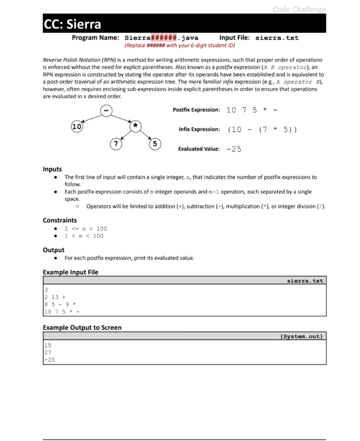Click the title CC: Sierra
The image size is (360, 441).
coord(72,24)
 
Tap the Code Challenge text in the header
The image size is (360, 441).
coord(299,9)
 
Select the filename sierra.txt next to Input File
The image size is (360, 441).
coord(277,38)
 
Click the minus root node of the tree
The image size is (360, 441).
coord(106,110)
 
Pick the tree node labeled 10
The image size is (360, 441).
coord(77,127)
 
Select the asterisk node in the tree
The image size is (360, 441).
coord(135,125)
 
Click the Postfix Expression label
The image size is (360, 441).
coord(196,110)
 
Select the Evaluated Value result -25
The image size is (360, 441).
coord(234,149)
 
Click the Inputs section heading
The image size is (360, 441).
coord(52,169)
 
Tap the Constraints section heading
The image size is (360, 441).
coord(60,220)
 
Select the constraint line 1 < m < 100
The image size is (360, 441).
coord(84,236)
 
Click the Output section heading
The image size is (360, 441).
coord(53,250)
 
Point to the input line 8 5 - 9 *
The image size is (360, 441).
coord(60,304)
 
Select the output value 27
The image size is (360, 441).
coord(48,352)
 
